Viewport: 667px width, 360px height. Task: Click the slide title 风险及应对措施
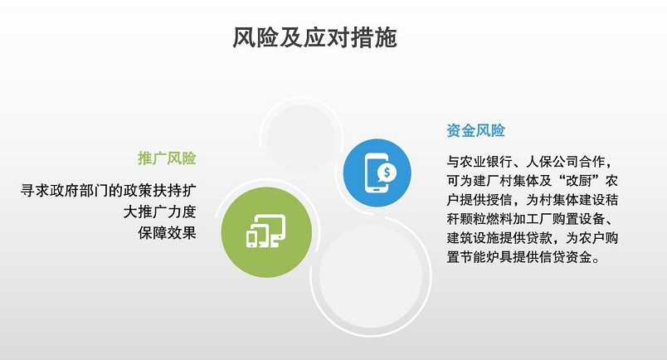[x=314, y=37]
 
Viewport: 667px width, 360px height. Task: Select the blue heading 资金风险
[x=475, y=130]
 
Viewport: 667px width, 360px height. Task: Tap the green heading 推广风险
[x=167, y=158]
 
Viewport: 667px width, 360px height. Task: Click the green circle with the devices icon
[x=266, y=232]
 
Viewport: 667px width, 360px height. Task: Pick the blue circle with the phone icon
[x=377, y=173]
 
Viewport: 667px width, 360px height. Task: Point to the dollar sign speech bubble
[x=387, y=173]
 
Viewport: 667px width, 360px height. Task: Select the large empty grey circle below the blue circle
[x=371, y=276]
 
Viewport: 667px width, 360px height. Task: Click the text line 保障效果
[x=167, y=233]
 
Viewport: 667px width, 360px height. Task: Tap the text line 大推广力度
[x=159, y=212]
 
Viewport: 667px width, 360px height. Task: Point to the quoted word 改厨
[x=578, y=181]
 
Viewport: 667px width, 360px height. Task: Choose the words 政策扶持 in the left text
[x=153, y=190]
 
